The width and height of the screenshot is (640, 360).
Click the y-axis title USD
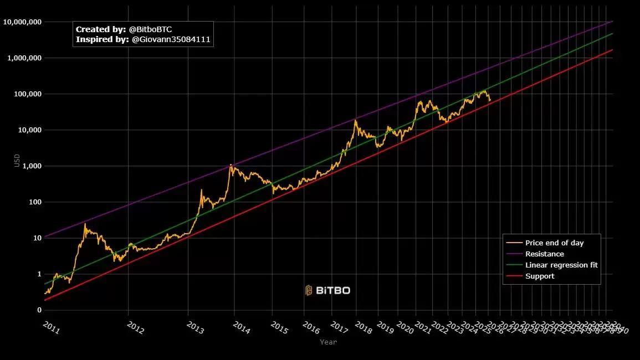[17, 161]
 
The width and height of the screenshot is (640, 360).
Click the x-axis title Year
[328, 342]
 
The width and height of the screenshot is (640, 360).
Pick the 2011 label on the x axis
[51, 328]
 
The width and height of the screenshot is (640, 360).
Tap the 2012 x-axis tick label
[135, 328]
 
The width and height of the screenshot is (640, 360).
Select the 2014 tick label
[241, 328]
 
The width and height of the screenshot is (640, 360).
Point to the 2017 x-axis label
[339, 328]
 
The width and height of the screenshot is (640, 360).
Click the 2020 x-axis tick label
[405, 328]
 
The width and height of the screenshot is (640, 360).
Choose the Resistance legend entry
[544, 254]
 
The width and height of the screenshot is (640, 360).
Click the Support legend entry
[539, 276]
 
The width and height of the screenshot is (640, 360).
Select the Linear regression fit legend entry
[561, 265]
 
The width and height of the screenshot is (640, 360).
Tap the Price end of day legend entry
[554, 243]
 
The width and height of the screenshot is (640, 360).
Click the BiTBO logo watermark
[327, 290]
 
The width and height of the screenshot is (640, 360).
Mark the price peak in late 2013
[231, 164]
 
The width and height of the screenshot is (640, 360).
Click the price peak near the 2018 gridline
[355, 120]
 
